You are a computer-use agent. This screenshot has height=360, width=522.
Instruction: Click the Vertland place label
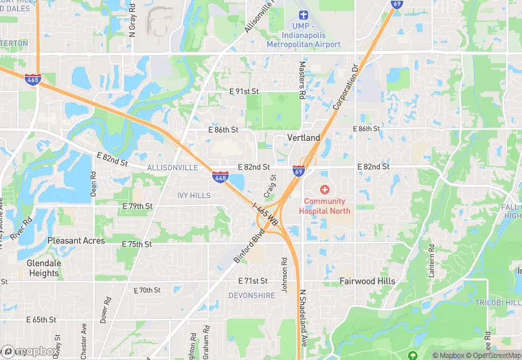tap(303, 138)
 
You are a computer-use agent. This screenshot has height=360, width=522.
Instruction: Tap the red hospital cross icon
tap(324, 189)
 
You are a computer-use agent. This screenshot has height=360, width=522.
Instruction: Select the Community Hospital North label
tap(324, 206)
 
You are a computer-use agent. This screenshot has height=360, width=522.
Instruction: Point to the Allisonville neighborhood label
tap(172, 168)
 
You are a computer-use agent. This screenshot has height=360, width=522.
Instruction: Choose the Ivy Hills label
tap(194, 196)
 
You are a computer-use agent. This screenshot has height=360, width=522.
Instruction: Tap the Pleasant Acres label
tap(76, 241)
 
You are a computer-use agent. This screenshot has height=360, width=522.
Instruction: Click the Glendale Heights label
tap(44, 268)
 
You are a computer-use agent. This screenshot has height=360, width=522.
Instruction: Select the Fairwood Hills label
tap(367, 282)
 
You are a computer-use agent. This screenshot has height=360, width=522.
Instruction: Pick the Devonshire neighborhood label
tap(252, 295)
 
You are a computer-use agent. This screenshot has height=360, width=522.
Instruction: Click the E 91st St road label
tap(244, 91)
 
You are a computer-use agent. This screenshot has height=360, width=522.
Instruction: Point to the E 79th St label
tap(137, 206)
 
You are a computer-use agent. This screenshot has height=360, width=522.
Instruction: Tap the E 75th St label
tap(137, 245)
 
